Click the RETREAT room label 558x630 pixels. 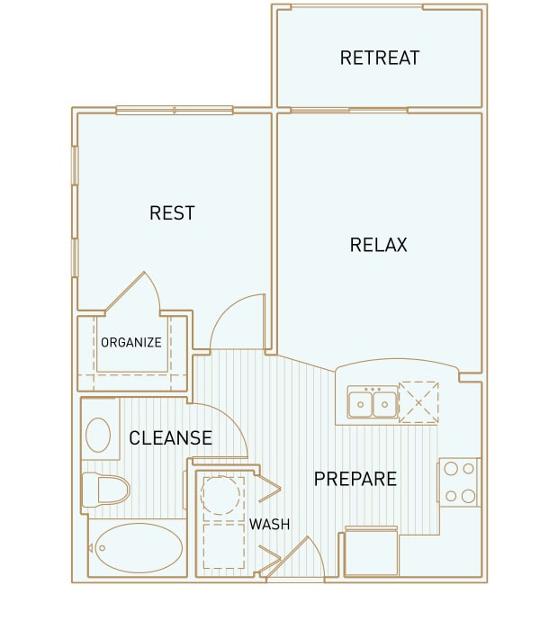pos(380,58)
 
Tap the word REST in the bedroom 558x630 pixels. pos(172,213)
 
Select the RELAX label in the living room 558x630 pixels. pos(378,245)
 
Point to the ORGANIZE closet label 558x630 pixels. pos(131,342)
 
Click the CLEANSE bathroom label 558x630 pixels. pos(170,438)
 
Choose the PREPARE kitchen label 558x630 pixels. pos(355,479)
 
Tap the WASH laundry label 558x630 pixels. pos(269,525)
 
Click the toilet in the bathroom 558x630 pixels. pos(105,490)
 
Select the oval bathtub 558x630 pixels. pos(139,548)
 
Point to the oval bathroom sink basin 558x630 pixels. pos(98,435)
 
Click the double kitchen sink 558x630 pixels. pos(373,402)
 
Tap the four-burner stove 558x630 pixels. pos(459,482)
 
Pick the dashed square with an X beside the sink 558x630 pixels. pos(418,402)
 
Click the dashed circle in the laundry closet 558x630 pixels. pos(220,495)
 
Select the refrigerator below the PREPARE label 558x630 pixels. pos(372,551)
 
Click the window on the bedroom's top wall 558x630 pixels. pos(175,110)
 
